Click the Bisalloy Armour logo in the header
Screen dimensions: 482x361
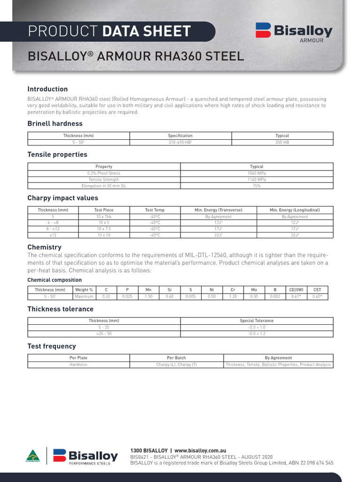coord(294,32)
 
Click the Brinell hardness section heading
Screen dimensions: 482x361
coord(55,123)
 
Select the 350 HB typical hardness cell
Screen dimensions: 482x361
coord(282,142)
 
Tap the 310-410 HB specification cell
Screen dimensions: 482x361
coord(180,142)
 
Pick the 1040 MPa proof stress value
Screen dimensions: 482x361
coord(257,173)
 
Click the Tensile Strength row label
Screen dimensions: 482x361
coord(104,179)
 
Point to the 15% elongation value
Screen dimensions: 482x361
coord(257,186)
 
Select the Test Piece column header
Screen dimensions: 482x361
coord(104,210)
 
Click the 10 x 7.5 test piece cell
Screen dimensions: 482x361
coord(104,229)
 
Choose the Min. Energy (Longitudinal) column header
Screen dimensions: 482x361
coord(295,210)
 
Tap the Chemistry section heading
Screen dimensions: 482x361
coord(44,247)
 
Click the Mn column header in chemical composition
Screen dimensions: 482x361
coord(149,290)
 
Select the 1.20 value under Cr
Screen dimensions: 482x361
coord(233,297)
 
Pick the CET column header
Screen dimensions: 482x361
coord(317,290)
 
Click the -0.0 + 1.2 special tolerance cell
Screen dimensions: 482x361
coord(257,333)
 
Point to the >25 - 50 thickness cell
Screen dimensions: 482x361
coord(104,333)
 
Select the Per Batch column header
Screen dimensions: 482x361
coord(176,358)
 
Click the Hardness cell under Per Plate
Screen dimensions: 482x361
coord(78,364)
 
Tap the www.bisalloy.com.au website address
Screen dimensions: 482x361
coord(200,450)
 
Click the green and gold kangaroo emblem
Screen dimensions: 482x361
coord(33,456)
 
